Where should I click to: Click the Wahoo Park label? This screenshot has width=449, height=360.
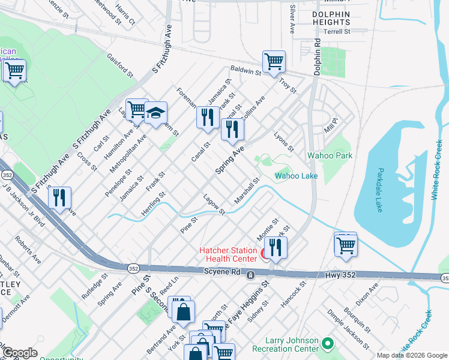330,155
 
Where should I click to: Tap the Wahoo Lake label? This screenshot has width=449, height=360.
296,176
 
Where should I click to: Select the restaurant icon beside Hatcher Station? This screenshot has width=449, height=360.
275,247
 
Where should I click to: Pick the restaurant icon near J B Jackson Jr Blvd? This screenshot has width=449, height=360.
59,198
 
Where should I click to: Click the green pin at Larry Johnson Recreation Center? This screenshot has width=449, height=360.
327,344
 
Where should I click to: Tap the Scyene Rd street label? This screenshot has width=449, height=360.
223,273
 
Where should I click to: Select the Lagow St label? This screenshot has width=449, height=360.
214,205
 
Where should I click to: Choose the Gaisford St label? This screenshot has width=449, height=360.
120,64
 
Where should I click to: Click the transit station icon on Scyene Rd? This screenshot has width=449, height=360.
250,275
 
